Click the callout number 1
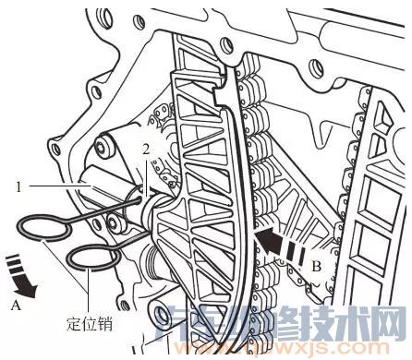(x=19, y=185)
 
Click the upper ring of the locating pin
(x=41, y=230)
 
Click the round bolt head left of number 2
(x=103, y=146)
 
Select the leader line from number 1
(x=55, y=185)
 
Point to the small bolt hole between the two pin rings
(x=111, y=222)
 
